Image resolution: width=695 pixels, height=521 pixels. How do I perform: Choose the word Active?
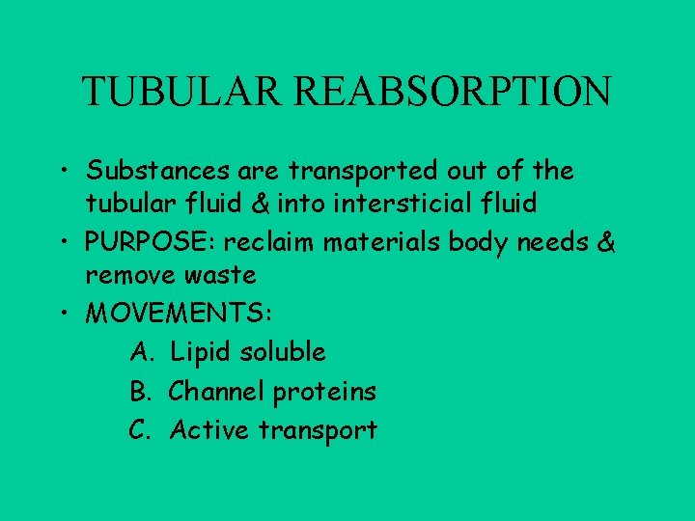tap(210, 430)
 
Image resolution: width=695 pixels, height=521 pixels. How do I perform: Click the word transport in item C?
tap(319, 431)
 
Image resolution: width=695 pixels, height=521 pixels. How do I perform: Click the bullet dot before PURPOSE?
tap(71, 241)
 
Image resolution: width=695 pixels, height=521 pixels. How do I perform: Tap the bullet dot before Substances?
tap(71, 172)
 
